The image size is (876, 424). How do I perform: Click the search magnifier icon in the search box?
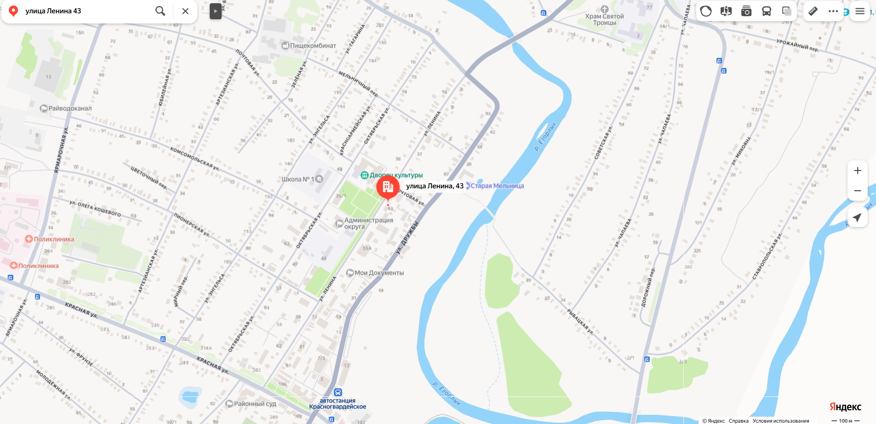click(x=160, y=11)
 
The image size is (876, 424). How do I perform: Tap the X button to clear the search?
click(x=185, y=11)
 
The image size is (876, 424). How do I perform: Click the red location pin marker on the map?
click(x=388, y=187)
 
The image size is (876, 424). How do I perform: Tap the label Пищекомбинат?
click(x=313, y=45)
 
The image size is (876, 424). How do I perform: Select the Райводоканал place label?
click(x=70, y=108)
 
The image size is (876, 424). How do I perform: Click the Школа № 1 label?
click(x=298, y=179)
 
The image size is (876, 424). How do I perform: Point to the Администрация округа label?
click(x=368, y=223)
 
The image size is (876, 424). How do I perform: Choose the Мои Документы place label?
click(x=379, y=273)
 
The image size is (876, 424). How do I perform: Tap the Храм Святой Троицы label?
click(x=604, y=19)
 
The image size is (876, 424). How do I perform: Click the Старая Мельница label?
click(x=497, y=186)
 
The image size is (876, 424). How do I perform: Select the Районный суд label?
click(x=255, y=404)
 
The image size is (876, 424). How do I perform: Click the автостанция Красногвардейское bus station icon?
click(x=338, y=392)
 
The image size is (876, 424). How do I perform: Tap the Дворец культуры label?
click(x=396, y=175)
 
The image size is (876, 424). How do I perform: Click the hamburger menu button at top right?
click(x=859, y=11)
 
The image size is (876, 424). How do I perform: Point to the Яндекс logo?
click(x=845, y=407)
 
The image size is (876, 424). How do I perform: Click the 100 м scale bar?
click(x=846, y=421)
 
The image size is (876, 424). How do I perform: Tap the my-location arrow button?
click(x=857, y=217)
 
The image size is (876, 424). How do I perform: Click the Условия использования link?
click(x=781, y=421)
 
